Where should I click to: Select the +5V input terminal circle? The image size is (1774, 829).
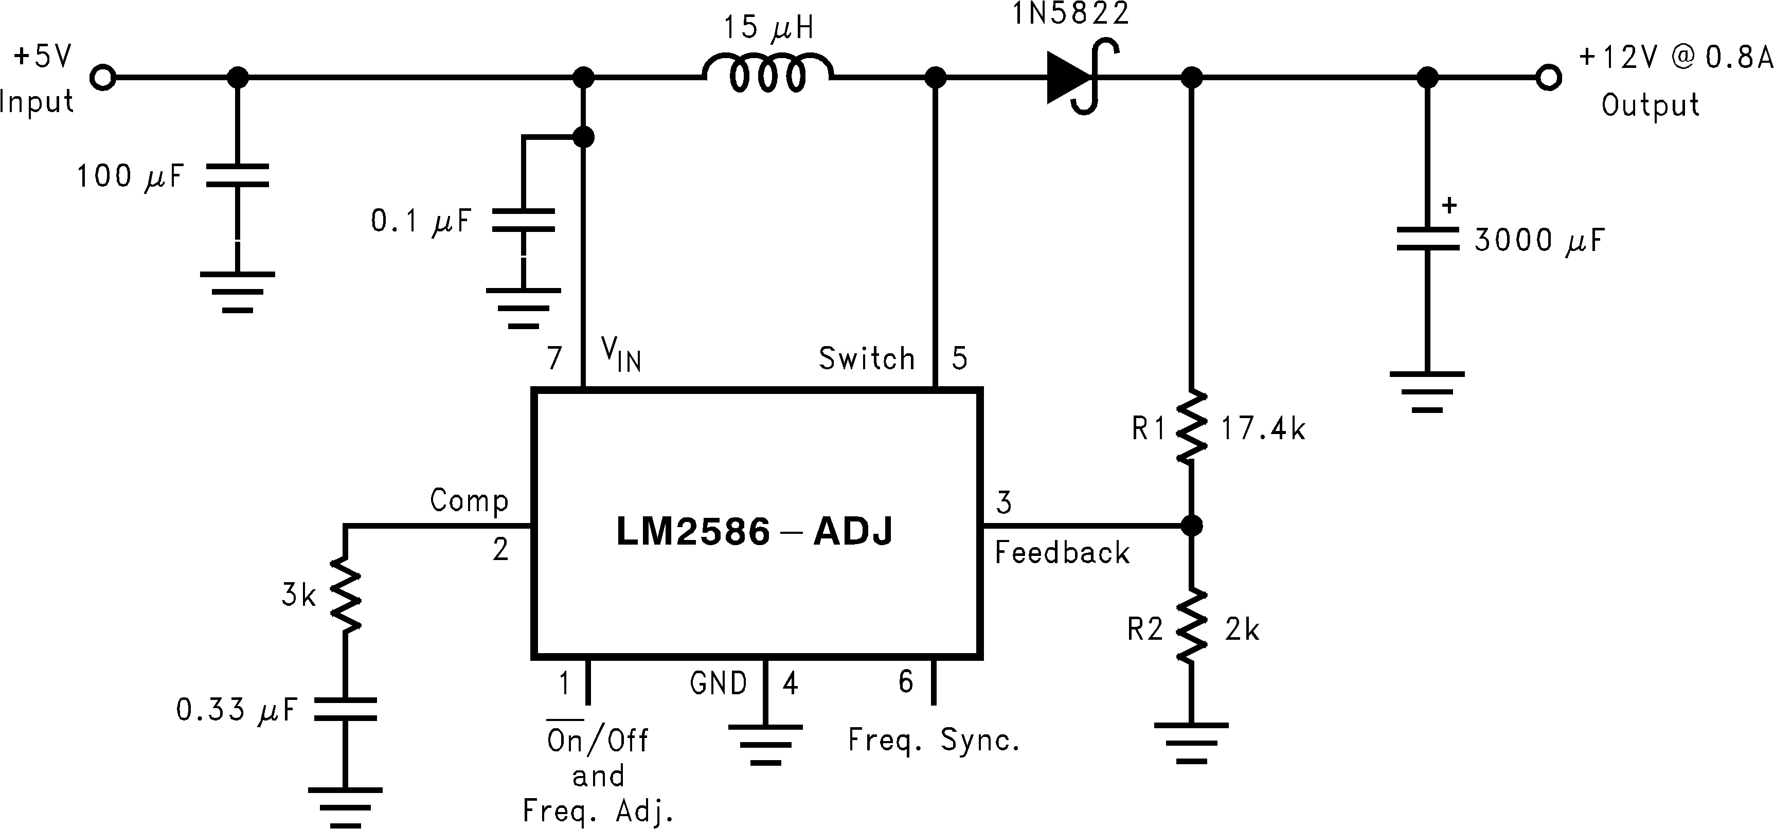click(103, 78)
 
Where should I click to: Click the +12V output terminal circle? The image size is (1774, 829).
click(1548, 78)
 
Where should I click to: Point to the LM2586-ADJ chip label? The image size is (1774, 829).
click(754, 532)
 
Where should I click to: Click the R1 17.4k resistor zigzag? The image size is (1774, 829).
click(1191, 427)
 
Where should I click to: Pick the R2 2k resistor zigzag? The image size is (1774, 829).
click(1191, 626)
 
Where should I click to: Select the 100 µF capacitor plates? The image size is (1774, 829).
click(238, 175)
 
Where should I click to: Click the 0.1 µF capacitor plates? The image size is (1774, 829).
click(524, 220)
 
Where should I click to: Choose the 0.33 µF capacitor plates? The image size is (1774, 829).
click(345, 709)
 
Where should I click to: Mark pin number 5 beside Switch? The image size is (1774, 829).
click(959, 358)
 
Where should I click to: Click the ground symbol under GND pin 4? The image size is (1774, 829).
click(765, 744)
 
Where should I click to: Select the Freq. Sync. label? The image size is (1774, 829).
click(933, 740)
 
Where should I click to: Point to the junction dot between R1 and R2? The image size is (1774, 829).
click(1191, 526)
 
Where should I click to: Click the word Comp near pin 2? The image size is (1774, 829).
click(469, 500)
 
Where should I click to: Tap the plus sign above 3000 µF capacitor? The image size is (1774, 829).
click(1449, 205)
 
